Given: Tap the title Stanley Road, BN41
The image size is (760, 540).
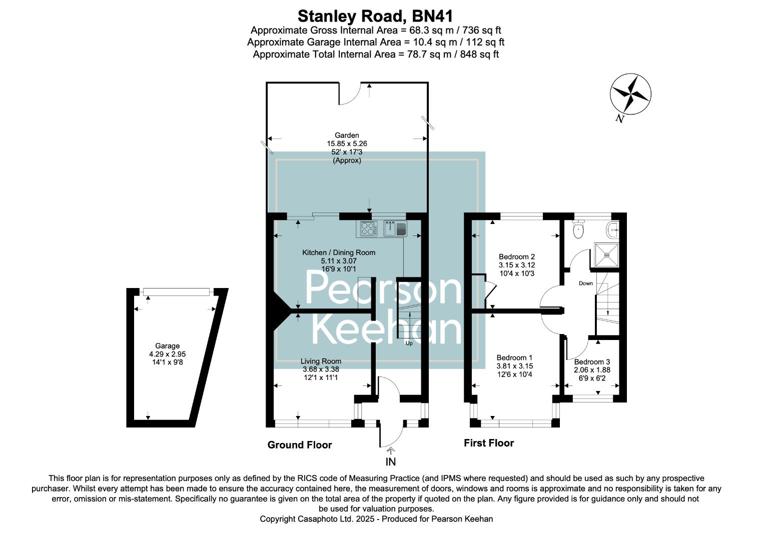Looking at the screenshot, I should pyautogui.click(x=375, y=16).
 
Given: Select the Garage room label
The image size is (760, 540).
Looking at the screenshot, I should pyautogui.click(x=167, y=346).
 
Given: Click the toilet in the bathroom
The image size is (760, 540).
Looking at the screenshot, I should pyautogui.click(x=579, y=230).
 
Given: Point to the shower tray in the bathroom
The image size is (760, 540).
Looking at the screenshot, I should pyautogui.click(x=606, y=255).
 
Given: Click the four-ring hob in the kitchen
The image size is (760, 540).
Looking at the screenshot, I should pyautogui.click(x=368, y=228).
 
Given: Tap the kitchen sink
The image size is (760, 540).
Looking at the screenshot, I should pyautogui.click(x=396, y=228).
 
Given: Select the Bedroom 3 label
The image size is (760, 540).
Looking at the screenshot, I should pyautogui.click(x=592, y=362).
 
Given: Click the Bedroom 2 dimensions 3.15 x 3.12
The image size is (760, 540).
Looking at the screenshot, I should pyautogui.click(x=517, y=265).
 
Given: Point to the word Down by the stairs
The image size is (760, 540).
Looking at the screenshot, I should pyautogui.click(x=586, y=283).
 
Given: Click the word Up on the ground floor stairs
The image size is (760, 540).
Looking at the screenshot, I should pyautogui.click(x=409, y=343).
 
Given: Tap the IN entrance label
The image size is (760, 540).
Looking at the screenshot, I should pyautogui.click(x=390, y=461).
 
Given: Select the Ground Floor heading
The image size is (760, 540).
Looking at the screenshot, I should pyautogui.click(x=300, y=445).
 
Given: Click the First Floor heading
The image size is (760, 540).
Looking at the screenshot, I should pyautogui.click(x=489, y=443).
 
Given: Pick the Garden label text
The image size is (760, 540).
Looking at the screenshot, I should pyautogui.click(x=347, y=135).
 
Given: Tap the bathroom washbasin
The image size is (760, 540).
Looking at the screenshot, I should pyautogui.click(x=612, y=230).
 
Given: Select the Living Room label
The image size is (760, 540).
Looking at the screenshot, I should pyautogui.click(x=321, y=361).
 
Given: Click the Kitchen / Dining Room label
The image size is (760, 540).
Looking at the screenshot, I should pyautogui.click(x=339, y=252).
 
